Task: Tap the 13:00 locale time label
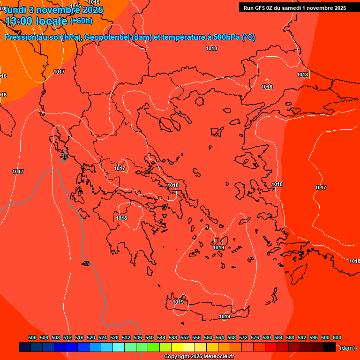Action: [37, 21]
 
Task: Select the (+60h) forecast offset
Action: [81, 21]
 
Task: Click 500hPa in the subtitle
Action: [227, 37]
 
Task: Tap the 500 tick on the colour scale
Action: [32, 337]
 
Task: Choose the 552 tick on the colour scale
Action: [185, 337]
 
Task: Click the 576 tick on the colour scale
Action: [255, 337]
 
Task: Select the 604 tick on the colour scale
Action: [337, 337]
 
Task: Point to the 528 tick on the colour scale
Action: [114, 337]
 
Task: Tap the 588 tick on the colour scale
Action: [290, 337]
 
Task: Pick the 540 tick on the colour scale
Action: [150, 337]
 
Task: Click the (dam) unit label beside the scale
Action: [347, 348]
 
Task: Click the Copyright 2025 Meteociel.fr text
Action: [199, 357]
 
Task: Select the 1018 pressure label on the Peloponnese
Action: [121, 218]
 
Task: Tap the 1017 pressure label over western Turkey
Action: [321, 188]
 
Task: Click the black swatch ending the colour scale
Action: [330, 347]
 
